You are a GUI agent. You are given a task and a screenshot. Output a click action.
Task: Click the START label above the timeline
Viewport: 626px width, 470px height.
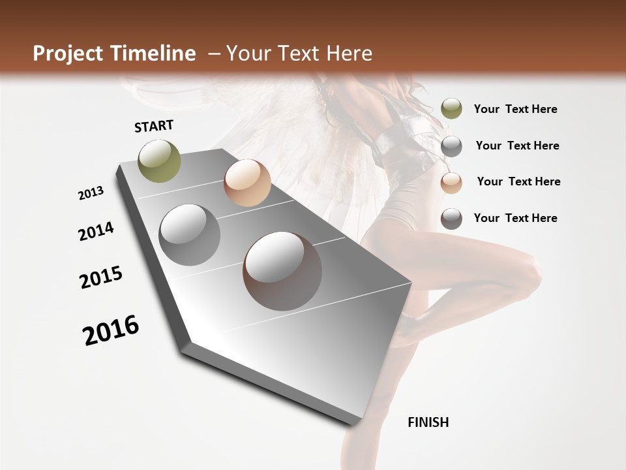pyautogui.click(x=154, y=126)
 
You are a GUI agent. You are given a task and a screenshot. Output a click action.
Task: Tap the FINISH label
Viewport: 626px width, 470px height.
pyautogui.click(x=428, y=422)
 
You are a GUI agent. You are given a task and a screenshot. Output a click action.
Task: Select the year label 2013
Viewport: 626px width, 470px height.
pyautogui.click(x=91, y=193)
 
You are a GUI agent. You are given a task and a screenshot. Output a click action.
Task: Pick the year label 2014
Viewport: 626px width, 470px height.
pyautogui.click(x=97, y=231)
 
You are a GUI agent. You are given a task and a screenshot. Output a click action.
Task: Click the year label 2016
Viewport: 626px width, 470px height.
pyautogui.click(x=111, y=330)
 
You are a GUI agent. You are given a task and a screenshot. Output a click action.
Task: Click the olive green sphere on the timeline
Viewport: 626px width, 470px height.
pyautogui.click(x=160, y=161)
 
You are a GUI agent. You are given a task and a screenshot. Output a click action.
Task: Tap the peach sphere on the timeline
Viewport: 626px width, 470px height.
pyautogui.click(x=247, y=183)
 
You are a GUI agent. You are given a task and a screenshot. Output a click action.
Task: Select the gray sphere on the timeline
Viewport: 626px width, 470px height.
pyautogui.click(x=190, y=235)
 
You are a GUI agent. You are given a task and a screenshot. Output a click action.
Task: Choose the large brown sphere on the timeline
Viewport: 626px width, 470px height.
pyautogui.click(x=282, y=271)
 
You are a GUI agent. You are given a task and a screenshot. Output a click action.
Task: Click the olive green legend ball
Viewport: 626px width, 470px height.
pyautogui.click(x=451, y=109)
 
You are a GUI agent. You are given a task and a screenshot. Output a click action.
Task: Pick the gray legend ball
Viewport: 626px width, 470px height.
pyautogui.click(x=451, y=146)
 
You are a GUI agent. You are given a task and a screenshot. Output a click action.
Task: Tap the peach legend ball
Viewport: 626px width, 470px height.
pyautogui.click(x=451, y=182)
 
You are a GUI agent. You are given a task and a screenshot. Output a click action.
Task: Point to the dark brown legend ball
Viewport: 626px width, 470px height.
pyautogui.click(x=451, y=219)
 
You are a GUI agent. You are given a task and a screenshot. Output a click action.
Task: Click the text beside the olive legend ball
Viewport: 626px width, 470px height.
pyautogui.click(x=515, y=109)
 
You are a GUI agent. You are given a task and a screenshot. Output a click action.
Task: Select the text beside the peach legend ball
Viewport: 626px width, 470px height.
pyautogui.click(x=518, y=181)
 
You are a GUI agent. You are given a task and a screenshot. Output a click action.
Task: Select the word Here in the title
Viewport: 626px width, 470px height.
pyautogui.click(x=349, y=54)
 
